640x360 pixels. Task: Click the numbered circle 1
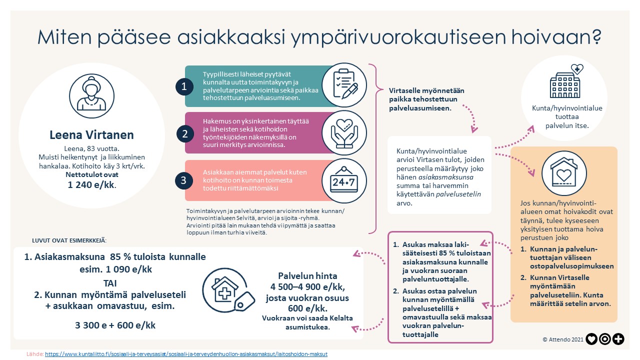(184, 86)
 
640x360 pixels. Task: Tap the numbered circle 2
(184, 133)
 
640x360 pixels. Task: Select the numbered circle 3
(184, 180)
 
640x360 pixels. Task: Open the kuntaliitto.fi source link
(186, 354)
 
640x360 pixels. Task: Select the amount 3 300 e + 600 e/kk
(115, 325)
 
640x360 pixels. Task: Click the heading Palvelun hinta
(300, 276)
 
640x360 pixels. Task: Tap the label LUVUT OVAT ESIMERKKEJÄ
(69, 240)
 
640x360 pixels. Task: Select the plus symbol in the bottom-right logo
(618, 339)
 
